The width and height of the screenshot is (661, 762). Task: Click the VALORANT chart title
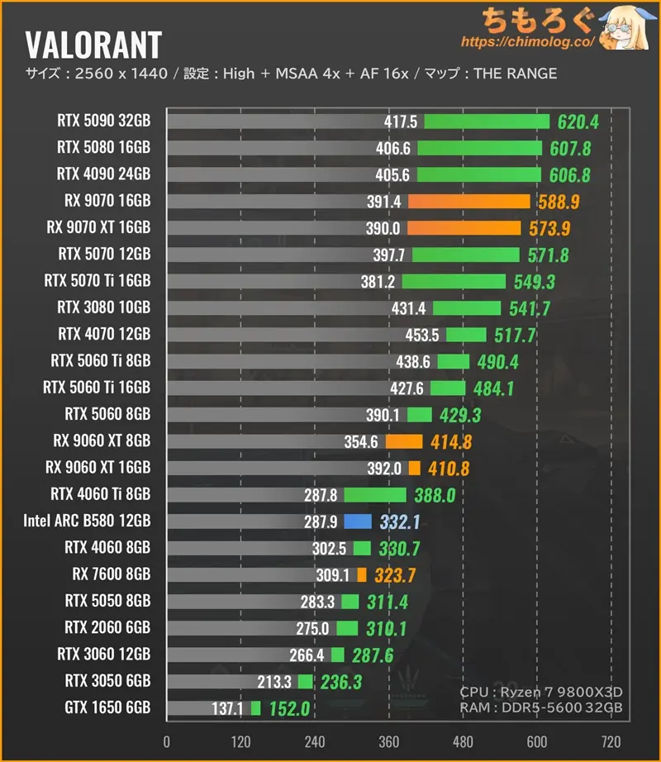coord(93,44)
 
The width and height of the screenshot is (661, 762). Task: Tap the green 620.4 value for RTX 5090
coord(578,121)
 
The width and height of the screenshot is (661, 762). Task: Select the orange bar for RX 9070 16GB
coord(468,201)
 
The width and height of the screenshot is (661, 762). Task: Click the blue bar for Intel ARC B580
coord(358,521)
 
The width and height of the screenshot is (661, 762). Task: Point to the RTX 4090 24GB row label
coord(103,174)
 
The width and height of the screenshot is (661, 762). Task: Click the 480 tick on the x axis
coord(463,741)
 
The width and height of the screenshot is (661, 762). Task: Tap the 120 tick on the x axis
coord(241,741)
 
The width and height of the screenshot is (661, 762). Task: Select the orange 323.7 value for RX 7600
coord(397,574)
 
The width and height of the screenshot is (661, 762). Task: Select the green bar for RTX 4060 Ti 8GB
coord(375,494)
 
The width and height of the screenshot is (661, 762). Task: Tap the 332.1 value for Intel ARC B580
coord(400,521)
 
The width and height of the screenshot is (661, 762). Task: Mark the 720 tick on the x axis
coord(611,741)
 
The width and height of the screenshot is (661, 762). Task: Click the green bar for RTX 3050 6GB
coord(306,682)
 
